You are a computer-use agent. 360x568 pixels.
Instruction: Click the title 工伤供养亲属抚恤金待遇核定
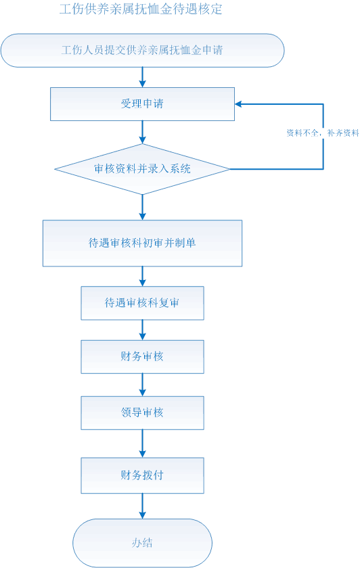(141, 9)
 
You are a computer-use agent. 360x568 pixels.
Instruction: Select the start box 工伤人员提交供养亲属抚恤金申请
(143, 50)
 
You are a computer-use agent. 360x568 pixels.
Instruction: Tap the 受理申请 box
(143, 104)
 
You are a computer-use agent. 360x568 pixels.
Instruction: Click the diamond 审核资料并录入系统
(142, 169)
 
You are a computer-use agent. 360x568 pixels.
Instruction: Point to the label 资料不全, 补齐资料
(323, 133)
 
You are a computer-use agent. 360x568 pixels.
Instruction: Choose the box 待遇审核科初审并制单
(143, 243)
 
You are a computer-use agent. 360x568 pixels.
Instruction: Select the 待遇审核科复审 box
(143, 303)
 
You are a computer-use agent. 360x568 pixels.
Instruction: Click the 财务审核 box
(143, 357)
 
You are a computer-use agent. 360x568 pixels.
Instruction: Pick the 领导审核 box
(143, 413)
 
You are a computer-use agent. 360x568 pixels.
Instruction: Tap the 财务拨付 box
(143, 475)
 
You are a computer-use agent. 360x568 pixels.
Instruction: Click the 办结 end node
(143, 543)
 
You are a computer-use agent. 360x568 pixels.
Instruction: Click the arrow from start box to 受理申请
(143, 77)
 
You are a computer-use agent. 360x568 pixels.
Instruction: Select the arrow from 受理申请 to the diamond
(143, 133)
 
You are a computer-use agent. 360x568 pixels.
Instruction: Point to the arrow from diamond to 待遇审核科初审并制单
(143, 207)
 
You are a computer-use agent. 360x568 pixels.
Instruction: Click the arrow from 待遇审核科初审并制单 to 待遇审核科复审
(143, 277)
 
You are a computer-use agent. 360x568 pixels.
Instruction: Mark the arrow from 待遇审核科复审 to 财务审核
(143, 330)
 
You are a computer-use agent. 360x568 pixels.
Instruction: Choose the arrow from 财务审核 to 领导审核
(143, 385)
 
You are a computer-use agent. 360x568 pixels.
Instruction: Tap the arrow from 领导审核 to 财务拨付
(143, 444)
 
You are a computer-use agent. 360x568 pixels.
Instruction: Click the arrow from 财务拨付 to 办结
(143, 506)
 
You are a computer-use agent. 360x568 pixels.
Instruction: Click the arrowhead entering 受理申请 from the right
(238, 104)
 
